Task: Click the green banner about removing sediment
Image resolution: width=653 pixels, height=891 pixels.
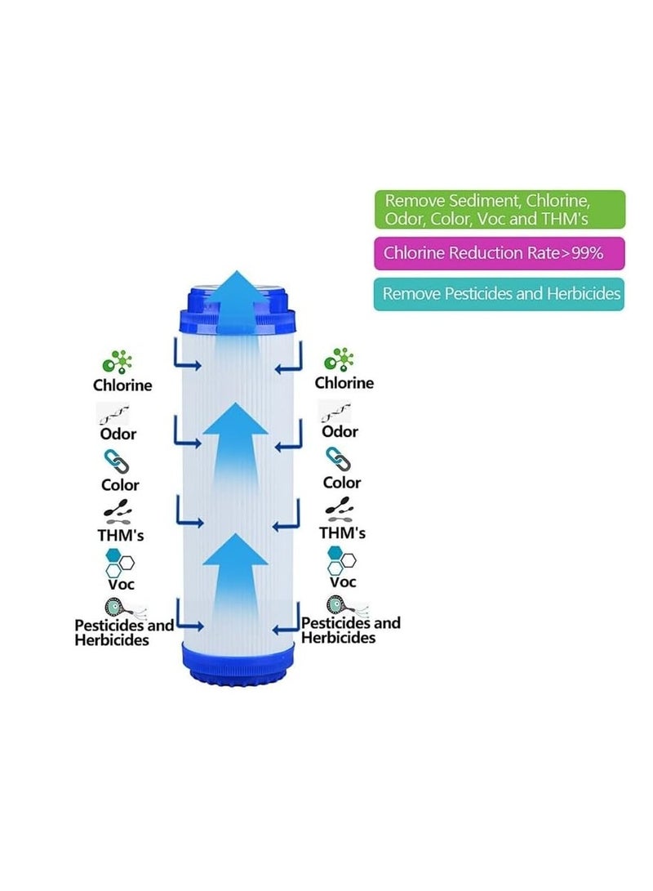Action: click(500, 210)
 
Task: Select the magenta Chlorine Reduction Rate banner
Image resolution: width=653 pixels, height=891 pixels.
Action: click(500, 253)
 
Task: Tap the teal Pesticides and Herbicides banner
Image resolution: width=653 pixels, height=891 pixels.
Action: click(500, 294)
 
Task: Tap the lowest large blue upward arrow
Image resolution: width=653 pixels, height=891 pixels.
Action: click(235, 572)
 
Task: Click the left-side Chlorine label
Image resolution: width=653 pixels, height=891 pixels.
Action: click(122, 385)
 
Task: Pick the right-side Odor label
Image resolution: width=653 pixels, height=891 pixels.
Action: click(340, 432)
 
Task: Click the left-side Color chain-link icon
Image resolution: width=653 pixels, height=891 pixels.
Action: click(113, 461)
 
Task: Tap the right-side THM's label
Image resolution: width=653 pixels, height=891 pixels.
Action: click(342, 533)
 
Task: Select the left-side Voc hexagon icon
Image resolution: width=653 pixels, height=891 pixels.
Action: click(118, 561)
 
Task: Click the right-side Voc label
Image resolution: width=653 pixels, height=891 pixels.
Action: click(343, 582)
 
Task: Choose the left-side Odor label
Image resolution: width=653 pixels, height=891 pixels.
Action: click(118, 434)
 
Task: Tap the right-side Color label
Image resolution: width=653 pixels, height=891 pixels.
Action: click(341, 483)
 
